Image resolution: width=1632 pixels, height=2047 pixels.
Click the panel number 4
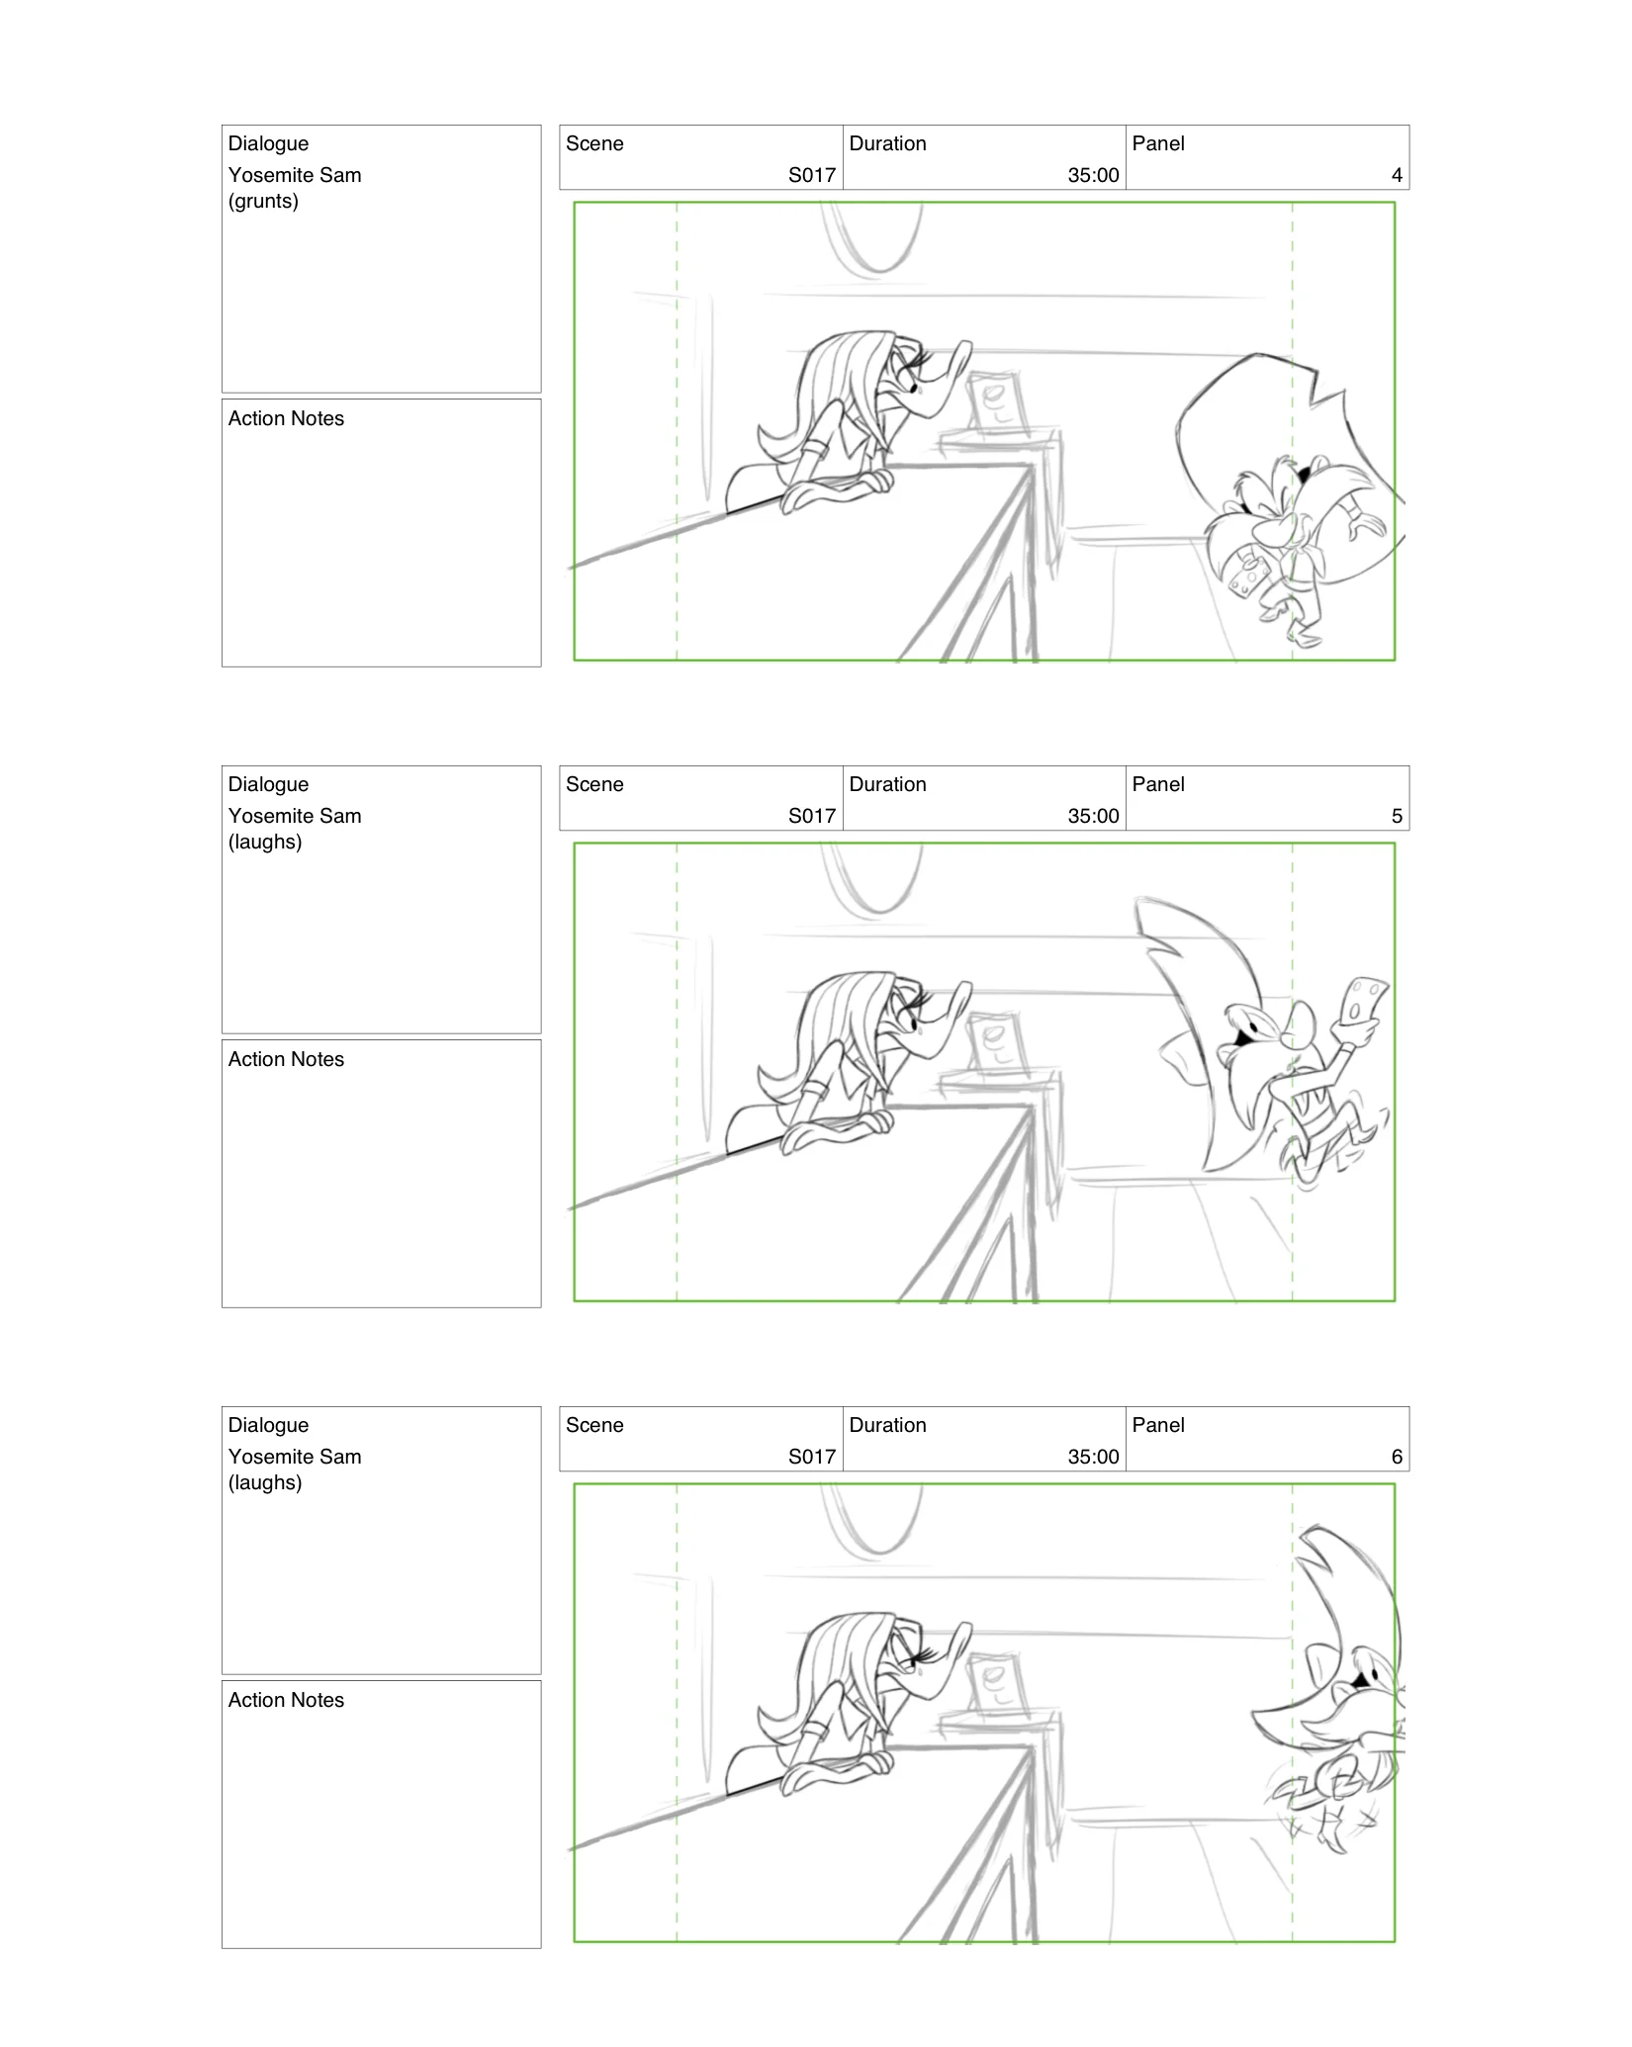click(x=1397, y=176)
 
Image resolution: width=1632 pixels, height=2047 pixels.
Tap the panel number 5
click(x=1397, y=817)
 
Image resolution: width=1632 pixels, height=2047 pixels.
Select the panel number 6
click(x=1397, y=1458)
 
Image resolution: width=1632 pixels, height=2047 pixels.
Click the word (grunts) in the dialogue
click(x=263, y=202)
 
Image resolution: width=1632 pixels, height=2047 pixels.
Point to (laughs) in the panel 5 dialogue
click(x=265, y=843)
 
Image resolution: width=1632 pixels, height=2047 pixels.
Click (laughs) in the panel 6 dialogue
click(x=265, y=1483)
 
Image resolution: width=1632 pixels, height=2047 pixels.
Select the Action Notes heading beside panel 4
click(x=286, y=419)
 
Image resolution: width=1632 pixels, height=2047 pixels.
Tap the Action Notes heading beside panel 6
click(x=286, y=1701)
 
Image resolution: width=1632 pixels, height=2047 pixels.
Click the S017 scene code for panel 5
click(x=812, y=817)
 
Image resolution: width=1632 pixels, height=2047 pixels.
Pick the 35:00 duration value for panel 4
click(x=1093, y=176)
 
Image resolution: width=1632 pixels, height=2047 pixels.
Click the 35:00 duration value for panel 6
click(x=1093, y=1458)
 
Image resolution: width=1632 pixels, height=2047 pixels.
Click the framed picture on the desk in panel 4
click(x=997, y=403)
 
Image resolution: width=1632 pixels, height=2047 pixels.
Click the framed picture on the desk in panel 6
click(x=997, y=1685)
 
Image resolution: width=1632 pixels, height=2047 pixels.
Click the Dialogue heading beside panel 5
click(x=268, y=785)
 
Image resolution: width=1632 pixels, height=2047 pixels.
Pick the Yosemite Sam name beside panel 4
click(x=295, y=176)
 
